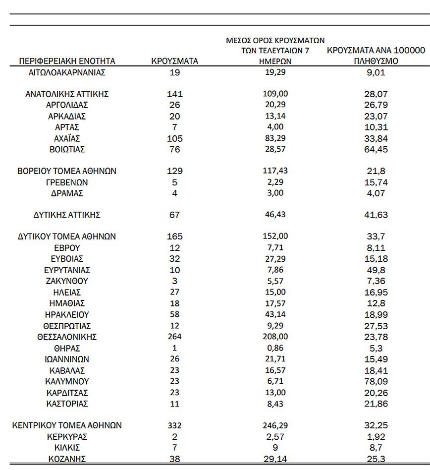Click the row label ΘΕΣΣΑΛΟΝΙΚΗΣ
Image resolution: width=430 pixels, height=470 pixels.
point(66,337)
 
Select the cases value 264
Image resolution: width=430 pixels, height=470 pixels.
point(175,337)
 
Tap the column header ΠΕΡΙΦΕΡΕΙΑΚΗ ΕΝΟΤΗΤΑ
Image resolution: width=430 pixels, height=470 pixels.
point(67,61)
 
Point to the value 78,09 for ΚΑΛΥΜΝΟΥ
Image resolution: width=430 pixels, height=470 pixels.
point(375,382)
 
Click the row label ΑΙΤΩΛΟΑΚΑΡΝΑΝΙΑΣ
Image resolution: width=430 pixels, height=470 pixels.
point(67,72)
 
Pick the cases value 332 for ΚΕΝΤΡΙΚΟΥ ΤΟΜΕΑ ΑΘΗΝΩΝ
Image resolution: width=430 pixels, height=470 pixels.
point(175,425)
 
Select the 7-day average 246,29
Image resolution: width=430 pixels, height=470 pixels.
point(275,425)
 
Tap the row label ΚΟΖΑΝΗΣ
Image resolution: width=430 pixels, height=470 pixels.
point(66,459)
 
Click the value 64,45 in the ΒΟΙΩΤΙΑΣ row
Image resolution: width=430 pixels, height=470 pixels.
point(375,149)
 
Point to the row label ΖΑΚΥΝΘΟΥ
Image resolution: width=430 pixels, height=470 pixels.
point(66,281)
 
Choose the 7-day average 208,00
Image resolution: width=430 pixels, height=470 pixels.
point(275,337)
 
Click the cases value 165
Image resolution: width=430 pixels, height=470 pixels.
point(175,236)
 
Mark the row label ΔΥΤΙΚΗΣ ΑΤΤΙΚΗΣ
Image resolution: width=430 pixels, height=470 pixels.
point(67,215)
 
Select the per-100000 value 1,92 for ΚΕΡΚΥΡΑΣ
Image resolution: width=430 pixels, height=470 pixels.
point(375,437)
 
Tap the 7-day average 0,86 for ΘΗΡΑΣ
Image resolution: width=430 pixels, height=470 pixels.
point(275,348)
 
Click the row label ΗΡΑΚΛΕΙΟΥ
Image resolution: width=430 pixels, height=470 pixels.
point(66,314)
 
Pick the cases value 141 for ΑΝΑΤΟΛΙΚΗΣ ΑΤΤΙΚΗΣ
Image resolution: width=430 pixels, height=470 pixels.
point(175,94)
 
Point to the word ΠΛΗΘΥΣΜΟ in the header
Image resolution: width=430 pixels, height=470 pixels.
point(376,61)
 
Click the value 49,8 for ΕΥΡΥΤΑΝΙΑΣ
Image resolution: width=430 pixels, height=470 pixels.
point(375,270)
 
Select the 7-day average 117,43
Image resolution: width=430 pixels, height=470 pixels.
point(275,171)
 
